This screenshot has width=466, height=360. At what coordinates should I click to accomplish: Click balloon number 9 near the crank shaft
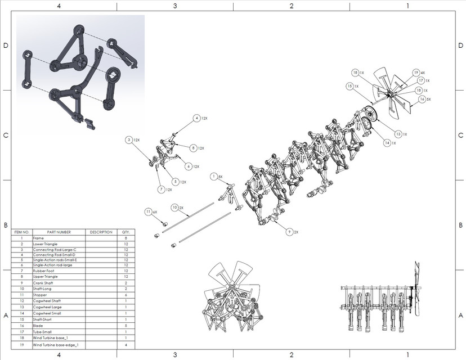(x=289, y=231)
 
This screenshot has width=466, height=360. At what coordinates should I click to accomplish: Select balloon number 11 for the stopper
(x=149, y=211)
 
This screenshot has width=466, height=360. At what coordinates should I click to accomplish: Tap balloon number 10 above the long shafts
(x=175, y=208)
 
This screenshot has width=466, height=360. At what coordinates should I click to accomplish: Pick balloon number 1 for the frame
(x=214, y=177)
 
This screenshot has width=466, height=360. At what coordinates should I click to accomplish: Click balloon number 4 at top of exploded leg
(x=197, y=118)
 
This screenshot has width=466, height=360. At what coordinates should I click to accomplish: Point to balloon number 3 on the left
(x=129, y=139)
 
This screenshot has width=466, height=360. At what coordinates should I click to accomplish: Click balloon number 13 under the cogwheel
(x=398, y=134)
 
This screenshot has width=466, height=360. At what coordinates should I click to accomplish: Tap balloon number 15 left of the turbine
(x=349, y=86)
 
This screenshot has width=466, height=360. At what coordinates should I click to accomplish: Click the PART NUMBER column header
(x=59, y=232)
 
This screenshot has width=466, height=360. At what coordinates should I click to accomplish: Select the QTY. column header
(x=126, y=232)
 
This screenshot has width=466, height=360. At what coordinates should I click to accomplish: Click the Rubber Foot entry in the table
(x=44, y=270)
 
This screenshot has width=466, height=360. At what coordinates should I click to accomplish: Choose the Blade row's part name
(x=39, y=326)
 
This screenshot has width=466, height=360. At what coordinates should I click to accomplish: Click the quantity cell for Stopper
(x=126, y=295)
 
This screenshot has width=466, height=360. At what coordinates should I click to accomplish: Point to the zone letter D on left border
(x=6, y=46)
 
